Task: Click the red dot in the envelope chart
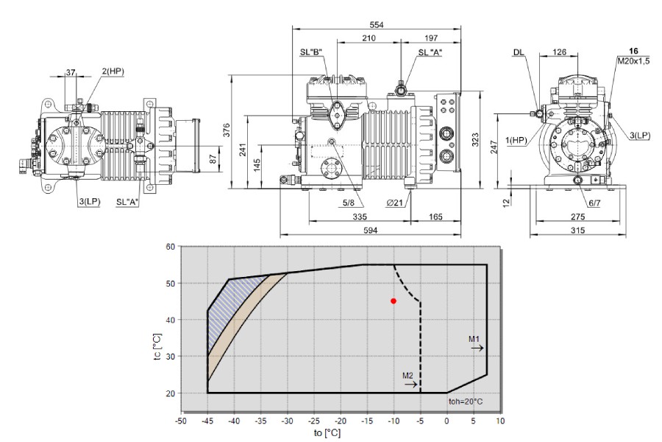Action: tap(394, 301)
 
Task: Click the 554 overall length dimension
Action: tap(376, 24)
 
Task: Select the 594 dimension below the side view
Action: tap(370, 230)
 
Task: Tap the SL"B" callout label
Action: tap(311, 52)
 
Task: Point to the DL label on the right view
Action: tap(519, 52)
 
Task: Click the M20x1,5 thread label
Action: tap(634, 61)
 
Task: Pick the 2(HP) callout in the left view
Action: tap(113, 71)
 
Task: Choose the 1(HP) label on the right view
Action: tap(516, 140)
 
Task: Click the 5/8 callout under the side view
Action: tap(349, 203)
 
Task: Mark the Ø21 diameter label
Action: tap(395, 203)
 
